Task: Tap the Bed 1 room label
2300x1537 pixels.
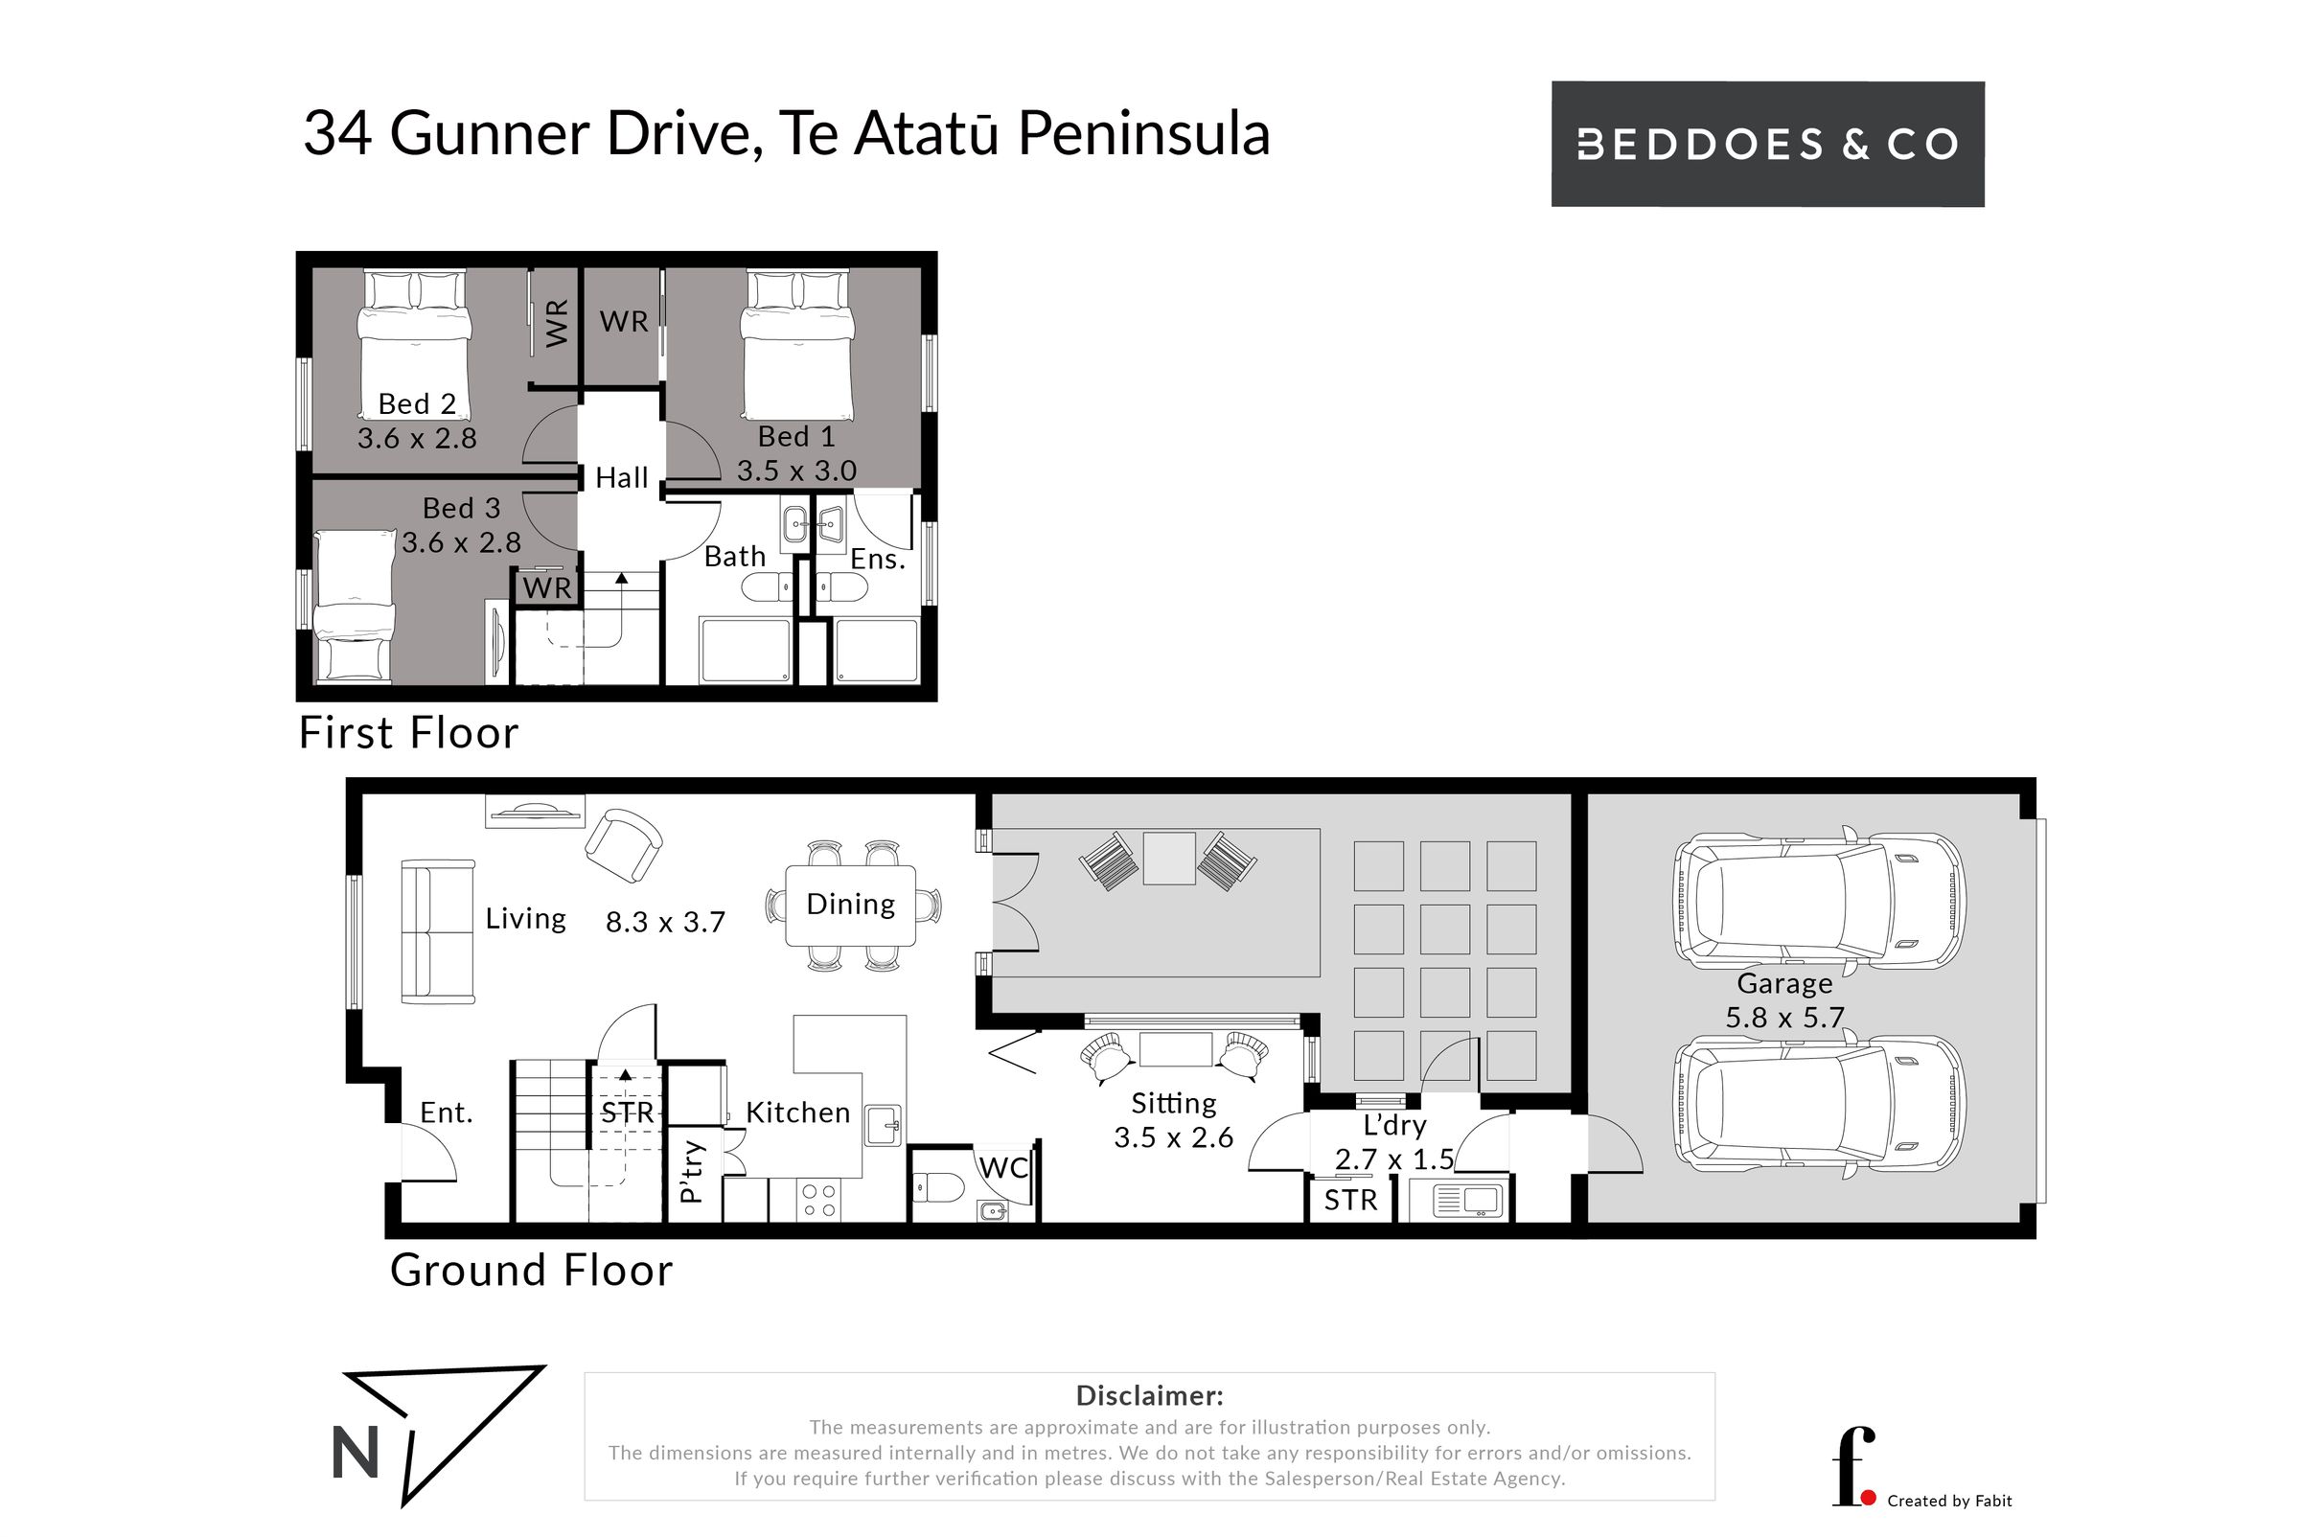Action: pyautogui.click(x=796, y=436)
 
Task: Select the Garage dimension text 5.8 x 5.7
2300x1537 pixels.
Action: pyautogui.click(x=1784, y=1018)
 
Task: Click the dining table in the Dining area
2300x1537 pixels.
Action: pyautogui.click(x=850, y=905)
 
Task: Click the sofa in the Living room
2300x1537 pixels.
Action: pyautogui.click(x=438, y=931)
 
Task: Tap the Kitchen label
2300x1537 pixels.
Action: pyautogui.click(x=797, y=1113)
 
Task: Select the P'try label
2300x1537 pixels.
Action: pyautogui.click(x=691, y=1171)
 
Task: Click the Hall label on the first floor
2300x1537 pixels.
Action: pyautogui.click(x=622, y=477)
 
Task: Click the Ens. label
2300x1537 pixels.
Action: pyautogui.click(x=878, y=560)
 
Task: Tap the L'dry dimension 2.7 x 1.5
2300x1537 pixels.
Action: pyautogui.click(x=1394, y=1159)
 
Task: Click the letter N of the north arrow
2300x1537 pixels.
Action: pyautogui.click(x=356, y=1453)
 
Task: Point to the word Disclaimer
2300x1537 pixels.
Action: pyautogui.click(x=1149, y=1395)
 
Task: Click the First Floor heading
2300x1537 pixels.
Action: pyautogui.click(x=408, y=733)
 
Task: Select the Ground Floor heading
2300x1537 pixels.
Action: pyautogui.click(x=531, y=1271)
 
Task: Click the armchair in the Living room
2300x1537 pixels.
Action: pyautogui.click(x=624, y=845)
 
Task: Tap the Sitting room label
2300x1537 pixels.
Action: pyautogui.click(x=1174, y=1105)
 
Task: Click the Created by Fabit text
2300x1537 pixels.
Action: pyautogui.click(x=1949, y=1501)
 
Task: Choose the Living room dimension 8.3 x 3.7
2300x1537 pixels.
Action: pyautogui.click(x=665, y=923)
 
